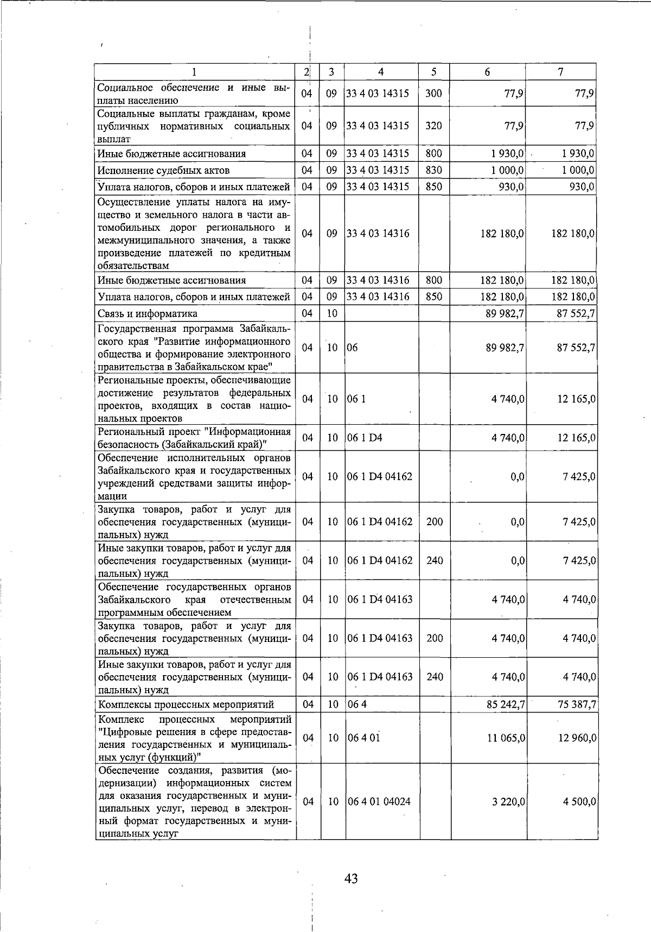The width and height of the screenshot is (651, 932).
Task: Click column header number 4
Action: (381, 72)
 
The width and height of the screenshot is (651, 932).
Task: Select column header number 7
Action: (561, 72)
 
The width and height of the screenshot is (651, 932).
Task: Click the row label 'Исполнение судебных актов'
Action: (163, 171)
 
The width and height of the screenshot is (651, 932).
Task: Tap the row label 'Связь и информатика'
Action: (147, 313)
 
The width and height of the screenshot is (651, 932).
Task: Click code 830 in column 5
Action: (433, 170)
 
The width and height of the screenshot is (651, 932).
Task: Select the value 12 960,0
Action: (577, 738)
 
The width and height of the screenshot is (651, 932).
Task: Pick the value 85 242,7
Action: (505, 705)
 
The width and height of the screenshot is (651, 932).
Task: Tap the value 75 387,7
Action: (577, 705)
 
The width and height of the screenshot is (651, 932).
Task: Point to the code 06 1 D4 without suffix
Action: (365, 438)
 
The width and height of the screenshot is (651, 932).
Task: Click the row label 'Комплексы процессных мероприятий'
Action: (186, 705)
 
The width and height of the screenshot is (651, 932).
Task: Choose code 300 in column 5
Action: (433, 93)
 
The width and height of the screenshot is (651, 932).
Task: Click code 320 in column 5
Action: (433, 125)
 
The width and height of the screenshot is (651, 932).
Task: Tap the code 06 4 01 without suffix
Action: (363, 738)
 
